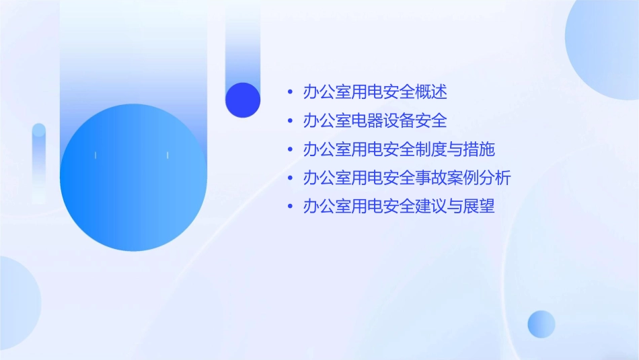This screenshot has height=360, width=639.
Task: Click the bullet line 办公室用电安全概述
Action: (x=375, y=92)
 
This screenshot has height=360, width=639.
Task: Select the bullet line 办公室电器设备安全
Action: (x=375, y=121)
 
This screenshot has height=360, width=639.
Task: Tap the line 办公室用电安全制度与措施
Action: (x=399, y=149)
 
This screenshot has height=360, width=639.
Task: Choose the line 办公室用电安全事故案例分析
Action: (x=407, y=178)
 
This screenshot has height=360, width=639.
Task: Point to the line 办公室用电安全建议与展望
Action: (x=399, y=207)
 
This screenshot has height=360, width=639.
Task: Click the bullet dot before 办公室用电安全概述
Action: (x=290, y=92)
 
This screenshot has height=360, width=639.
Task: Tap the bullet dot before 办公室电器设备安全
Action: (x=290, y=121)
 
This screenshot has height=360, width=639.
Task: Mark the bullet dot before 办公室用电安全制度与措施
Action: (x=290, y=150)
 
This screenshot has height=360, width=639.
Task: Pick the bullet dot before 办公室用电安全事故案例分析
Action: (x=290, y=178)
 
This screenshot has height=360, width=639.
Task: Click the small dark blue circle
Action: (x=243, y=100)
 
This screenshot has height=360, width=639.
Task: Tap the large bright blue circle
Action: (x=133, y=178)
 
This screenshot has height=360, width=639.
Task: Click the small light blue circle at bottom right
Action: (x=541, y=324)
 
